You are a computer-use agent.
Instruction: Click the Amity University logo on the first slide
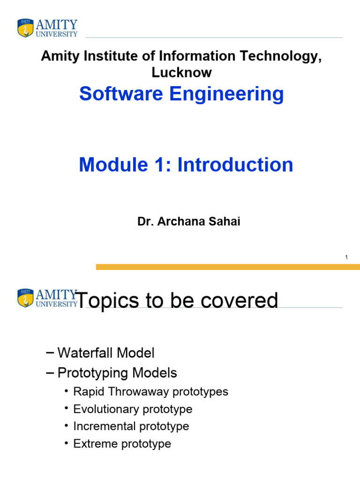click(47, 28)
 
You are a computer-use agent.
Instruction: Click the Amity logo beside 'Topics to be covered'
click(47, 298)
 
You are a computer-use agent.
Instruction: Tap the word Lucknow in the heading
click(181, 73)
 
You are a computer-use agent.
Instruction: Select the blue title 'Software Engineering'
click(181, 94)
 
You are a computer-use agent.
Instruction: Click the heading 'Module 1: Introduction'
click(186, 165)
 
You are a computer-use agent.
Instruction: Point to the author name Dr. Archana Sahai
click(188, 222)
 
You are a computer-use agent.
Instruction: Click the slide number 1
click(346, 257)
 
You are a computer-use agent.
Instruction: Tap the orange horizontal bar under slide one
click(228, 267)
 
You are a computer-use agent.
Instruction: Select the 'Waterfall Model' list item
click(106, 352)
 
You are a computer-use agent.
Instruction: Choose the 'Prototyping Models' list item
click(117, 373)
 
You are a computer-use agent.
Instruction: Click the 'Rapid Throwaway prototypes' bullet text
click(150, 391)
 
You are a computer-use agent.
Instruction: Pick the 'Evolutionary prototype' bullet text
click(133, 409)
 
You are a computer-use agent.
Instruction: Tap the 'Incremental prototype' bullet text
click(131, 426)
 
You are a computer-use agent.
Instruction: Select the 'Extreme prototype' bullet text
click(122, 443)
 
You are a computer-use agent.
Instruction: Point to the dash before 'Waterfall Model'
click(50, 352)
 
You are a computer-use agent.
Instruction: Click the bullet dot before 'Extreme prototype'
click(67, 443)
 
